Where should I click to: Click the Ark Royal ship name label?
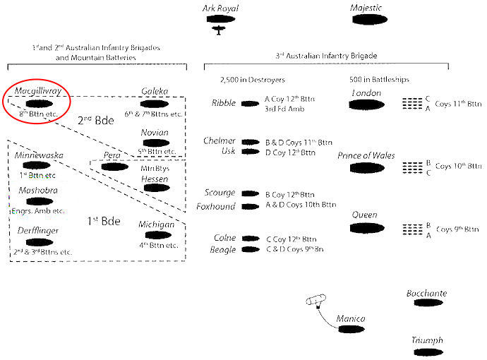coord(220,8)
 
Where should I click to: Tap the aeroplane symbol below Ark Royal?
coord(220,30)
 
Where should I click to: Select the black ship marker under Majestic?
coord(366,20)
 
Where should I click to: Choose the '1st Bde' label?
coord(101,221)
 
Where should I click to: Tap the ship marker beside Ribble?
coord(250,104)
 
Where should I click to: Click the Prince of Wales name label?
coord(366,155)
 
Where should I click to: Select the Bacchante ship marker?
coord(427,303)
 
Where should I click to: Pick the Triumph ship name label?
coord(428,340)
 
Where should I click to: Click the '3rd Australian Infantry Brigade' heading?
coord(326,55)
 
